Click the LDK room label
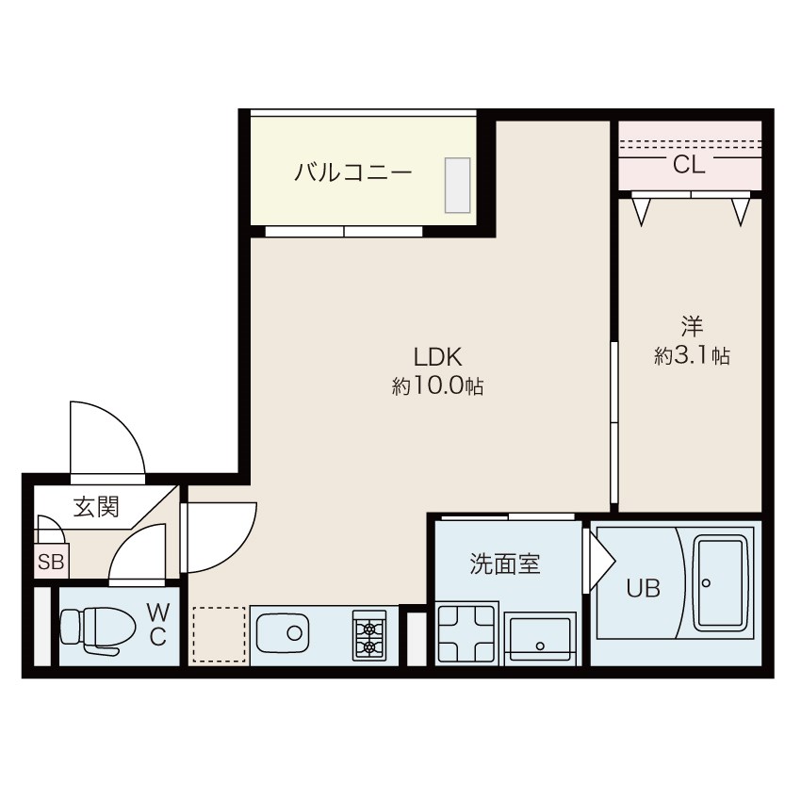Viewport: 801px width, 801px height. pyautogui.click(x=438, y=357)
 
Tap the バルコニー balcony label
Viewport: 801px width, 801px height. pyautogui.click(x=353, y=172)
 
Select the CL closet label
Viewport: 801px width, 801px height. pyautogui.click(x=689, y=165)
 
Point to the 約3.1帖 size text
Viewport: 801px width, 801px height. pyautogui.click(x=693, y=355)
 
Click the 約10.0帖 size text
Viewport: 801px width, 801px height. pyautogui.click(x=438, y=386)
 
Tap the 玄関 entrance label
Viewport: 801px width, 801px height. pyautogui.click(x=96, y=507)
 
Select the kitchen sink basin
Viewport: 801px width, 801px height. pyautogui.click(x=283, y=633)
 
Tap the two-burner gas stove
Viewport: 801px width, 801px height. pyautogui.click(x=368, y=635)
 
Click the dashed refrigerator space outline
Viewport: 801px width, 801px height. pyautogui.click(x=220, y=634)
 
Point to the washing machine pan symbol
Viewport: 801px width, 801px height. pyautogui.click(x=466, y=634)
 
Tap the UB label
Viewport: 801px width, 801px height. pyautogui.click(x=643, y=588)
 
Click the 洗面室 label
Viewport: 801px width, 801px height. pyautogui.click(x=505, y=564)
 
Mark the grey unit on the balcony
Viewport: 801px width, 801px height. pyautogui.click(x=457, y=185)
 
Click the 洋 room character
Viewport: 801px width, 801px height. pyautogui.click(x=693, y=326)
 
